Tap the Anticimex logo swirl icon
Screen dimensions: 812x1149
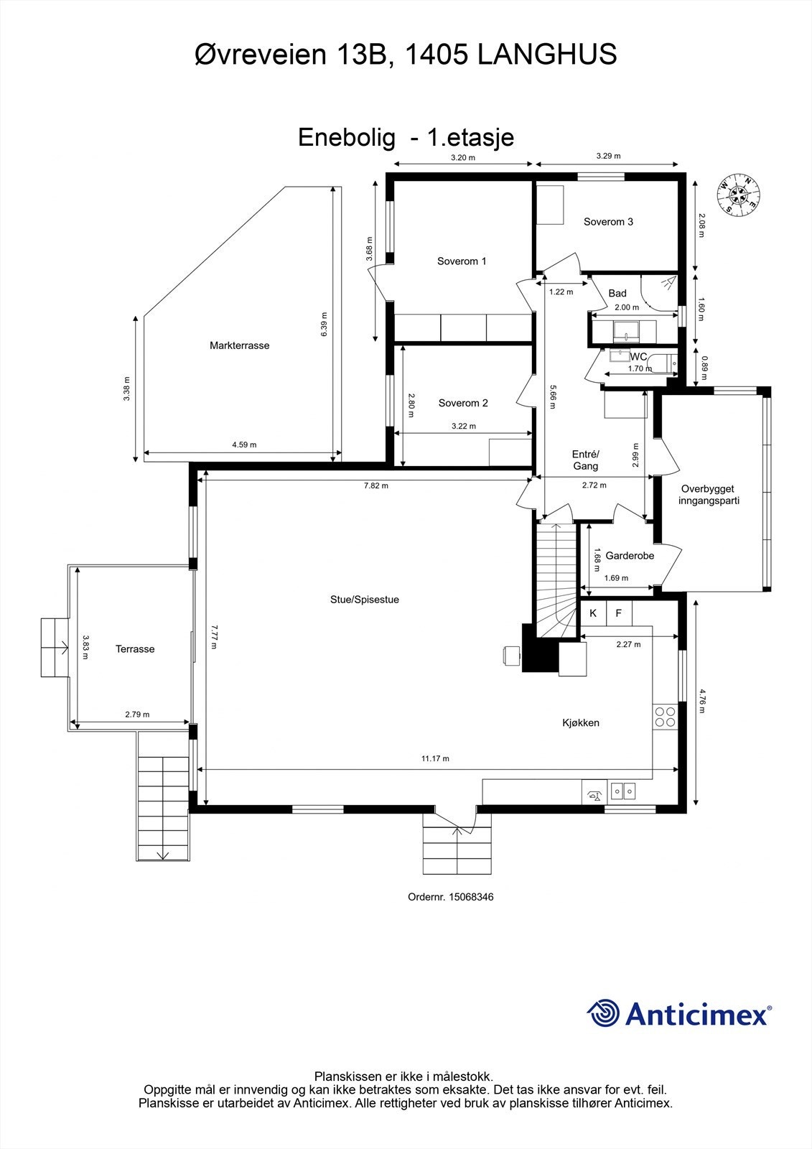point(604,1013)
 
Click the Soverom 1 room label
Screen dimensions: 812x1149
point(462,261)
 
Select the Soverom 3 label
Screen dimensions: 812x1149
point(608,222)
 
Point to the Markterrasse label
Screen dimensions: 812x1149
point(240,345)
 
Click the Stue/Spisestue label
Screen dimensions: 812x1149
point(365,600)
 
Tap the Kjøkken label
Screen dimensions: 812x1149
point(581,722)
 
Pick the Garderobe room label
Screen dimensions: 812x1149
point(630,556)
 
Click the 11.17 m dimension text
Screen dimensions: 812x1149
point(436,758)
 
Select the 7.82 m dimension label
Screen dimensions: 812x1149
point(376,485)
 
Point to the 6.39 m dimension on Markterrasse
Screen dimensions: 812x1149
point(325,324)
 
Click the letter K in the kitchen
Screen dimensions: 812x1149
point(594,613)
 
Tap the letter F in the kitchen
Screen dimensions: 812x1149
point(619,613)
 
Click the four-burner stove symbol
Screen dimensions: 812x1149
point(666,717)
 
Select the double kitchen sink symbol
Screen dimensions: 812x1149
point(622,791)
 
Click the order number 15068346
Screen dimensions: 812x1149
point(471,897)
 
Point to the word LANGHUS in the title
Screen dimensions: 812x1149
point(547,55)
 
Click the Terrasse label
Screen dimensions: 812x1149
point(135,649)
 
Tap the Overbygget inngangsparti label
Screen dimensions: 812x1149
point(709,495)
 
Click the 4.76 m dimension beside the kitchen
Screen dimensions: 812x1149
point(701,701)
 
